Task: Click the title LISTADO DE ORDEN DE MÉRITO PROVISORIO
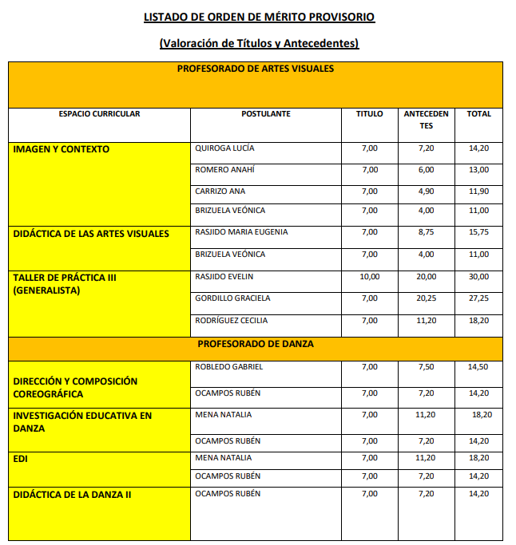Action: pos(258,17)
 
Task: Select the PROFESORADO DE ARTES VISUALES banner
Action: pos(255,69)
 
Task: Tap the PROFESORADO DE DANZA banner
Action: pos(256,344)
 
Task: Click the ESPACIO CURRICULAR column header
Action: pos(99,114)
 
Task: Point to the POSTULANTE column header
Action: pos(266,114)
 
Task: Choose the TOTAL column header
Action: pos(479,114)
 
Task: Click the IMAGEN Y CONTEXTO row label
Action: pos(62,149)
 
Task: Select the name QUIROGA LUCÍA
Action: pos(225,148)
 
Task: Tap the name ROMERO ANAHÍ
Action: pos(225,170)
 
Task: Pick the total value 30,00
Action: pos(479,276)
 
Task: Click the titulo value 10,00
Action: pos(370,276)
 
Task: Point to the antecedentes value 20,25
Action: pos(426,298)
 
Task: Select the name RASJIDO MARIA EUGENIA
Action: pos(241,232)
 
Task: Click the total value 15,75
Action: pos(479,232)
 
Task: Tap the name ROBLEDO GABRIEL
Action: pos(229,367)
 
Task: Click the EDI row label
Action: pos(21,460)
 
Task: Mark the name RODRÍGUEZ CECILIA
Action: pos(232,321)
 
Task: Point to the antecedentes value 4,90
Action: pos(426,192)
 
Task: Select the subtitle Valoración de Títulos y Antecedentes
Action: pos(258,43)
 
